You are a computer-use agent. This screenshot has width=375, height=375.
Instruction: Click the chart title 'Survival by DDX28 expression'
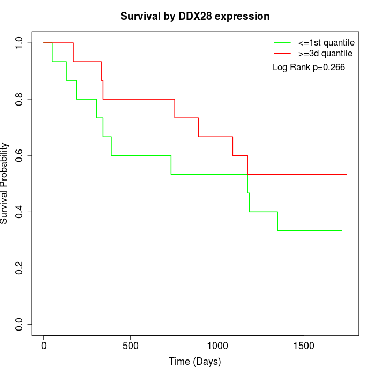click(x=194, y=16)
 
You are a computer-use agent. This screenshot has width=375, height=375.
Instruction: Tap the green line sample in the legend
click(x=282, y=42)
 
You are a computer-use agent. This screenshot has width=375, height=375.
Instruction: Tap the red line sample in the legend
click(x=282, y=53)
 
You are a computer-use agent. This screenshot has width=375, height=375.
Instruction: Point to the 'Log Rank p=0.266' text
click(x=309, y=67)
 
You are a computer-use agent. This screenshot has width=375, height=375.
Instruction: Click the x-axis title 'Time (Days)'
click(x=194, y=362)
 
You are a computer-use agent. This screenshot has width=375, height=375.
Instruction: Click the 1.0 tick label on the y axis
click(x=20, y=43)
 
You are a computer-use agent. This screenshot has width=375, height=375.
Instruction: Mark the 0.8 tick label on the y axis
click(x=20, y=99)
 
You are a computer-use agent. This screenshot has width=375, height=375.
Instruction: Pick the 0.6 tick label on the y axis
click(x=20, y=155)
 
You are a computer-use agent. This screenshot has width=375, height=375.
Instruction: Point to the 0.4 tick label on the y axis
click(x=20, y=212)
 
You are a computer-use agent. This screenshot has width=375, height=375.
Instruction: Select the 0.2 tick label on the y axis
click(x=20, y=268)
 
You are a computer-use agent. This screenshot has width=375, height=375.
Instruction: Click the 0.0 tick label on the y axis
click(x=20, y=324)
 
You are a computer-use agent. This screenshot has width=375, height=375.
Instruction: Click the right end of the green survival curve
click(x=342, y=230)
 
